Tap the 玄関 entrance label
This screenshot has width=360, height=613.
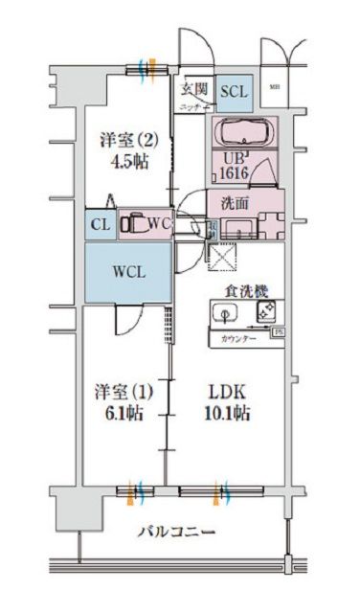coord(194,90)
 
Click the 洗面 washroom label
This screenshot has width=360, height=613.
coord(236,203)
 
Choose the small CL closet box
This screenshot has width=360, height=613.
coord(100,225)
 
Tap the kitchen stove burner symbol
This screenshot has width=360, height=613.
coord(267,310)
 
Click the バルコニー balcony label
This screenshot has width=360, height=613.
coord(174,532)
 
